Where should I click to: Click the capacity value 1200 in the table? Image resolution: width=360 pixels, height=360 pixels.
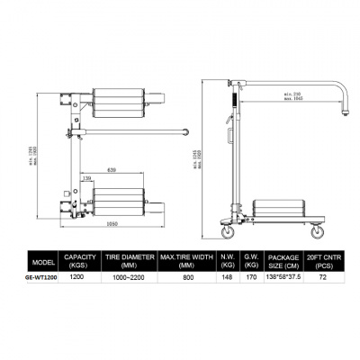(78, 277)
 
